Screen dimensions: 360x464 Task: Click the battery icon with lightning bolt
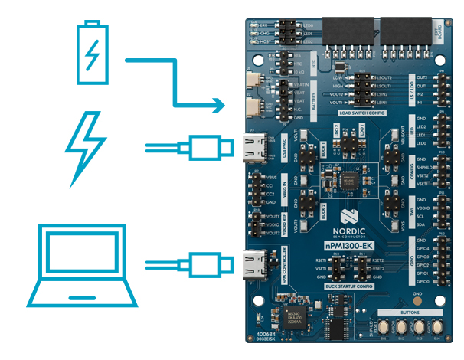coord(91,53)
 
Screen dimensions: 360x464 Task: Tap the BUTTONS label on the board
coord(413,313)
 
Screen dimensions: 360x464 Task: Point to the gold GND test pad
coord(417,299)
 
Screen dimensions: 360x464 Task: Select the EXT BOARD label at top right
coord(448,33)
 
